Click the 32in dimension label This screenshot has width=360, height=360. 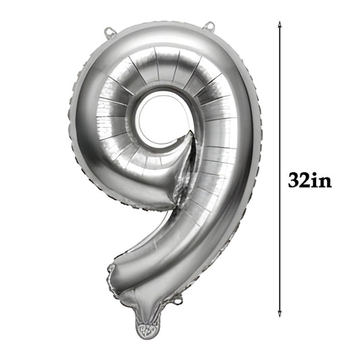(309, 181)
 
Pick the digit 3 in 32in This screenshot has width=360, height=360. (293, 181)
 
